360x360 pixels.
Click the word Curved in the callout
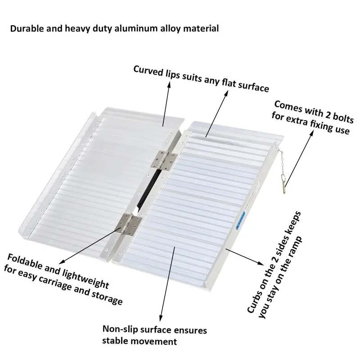(147, 71)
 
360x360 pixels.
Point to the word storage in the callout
(105, 299)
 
